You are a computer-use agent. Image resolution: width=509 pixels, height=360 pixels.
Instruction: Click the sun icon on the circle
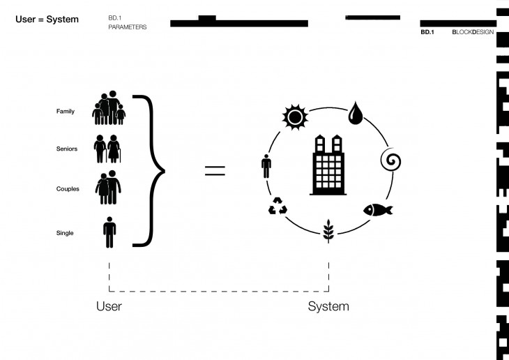click(x=294, y=116)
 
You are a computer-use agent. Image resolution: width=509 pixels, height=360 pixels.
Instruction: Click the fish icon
click(x=377, y=209)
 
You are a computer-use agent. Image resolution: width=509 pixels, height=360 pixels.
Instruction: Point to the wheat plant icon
click(x=328, y=230)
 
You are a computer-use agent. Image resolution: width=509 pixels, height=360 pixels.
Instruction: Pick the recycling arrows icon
click(x=278, y=207)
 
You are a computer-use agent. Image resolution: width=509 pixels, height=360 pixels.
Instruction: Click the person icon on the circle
click(x=266, y=167)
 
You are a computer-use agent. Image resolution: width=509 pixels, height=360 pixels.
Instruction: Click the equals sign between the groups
click(x=215, y=170)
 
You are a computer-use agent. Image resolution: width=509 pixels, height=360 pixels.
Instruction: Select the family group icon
click(x=109, y=108)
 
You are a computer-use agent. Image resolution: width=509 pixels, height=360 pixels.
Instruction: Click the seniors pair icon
click(x=107, y=148)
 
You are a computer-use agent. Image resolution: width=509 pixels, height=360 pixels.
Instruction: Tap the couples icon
click(x=107, y=188)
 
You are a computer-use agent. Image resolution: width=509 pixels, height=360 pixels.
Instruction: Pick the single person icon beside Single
click(x=109, y=232)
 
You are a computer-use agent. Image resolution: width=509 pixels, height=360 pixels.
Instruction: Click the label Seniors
click(x=67, y=149)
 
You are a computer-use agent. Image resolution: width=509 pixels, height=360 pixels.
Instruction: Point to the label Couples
click(x=68, y=189)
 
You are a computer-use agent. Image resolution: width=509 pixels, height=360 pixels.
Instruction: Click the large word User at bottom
click(x=109, y=306)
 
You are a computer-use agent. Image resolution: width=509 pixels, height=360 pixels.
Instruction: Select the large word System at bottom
click(x=328, y=306)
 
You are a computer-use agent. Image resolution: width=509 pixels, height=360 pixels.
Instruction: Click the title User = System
click(x=47, y=19)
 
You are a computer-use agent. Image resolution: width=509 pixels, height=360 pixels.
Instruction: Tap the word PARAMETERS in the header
click(x=128, y=27)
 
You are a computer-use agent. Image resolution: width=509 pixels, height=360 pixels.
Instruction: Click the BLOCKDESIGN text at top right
click(x=474, y=32)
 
